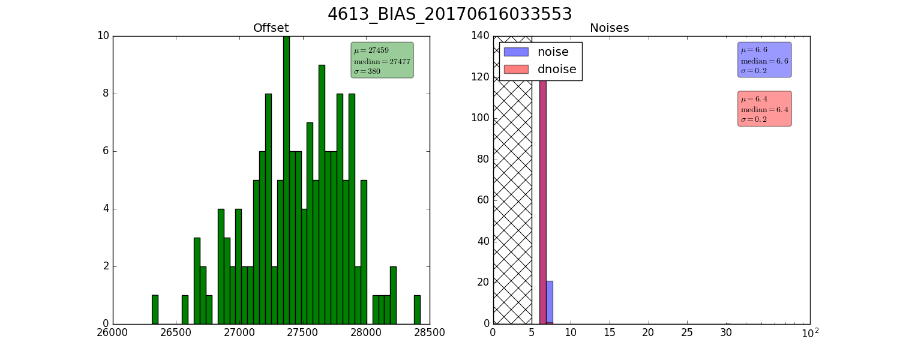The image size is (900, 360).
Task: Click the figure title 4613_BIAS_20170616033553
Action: pyautogui.click(x=449, y=14)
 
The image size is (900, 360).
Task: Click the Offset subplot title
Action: pyautogui.click(x=271, y=28)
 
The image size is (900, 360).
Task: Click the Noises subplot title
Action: pyautogui.click(x=609, y=28)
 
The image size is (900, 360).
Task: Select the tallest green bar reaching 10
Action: pyautogui.click(x=286, y=180)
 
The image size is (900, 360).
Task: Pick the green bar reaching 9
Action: pyautogui.click(x=322, y=194)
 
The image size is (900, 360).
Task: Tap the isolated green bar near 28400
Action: pyautogui.click(x=417, y=310)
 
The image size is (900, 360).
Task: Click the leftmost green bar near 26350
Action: pyautogui.click(x=155, y=310)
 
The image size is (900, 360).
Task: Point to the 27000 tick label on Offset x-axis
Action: pyautogui.click(x=239, y=332)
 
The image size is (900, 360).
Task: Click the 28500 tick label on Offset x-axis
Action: pyautogui.click(x=429, y=332)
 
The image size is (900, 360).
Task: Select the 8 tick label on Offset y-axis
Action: pyautogui.click(x=106, y=94)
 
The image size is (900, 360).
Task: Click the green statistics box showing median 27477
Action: pyautogui.click(x=382, y=60)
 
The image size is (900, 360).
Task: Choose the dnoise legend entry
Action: pyautogui.click(x=540, y=69)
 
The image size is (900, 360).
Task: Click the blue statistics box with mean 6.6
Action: pyautogui.click(x=764, y=60)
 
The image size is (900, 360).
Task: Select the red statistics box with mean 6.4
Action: pyautogui.click(x=764, y=109)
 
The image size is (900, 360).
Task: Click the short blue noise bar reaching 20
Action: pyautogui.click(x=550, y=302)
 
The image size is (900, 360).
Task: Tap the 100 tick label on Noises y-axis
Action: pyautogui.click(x=481, y=118)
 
